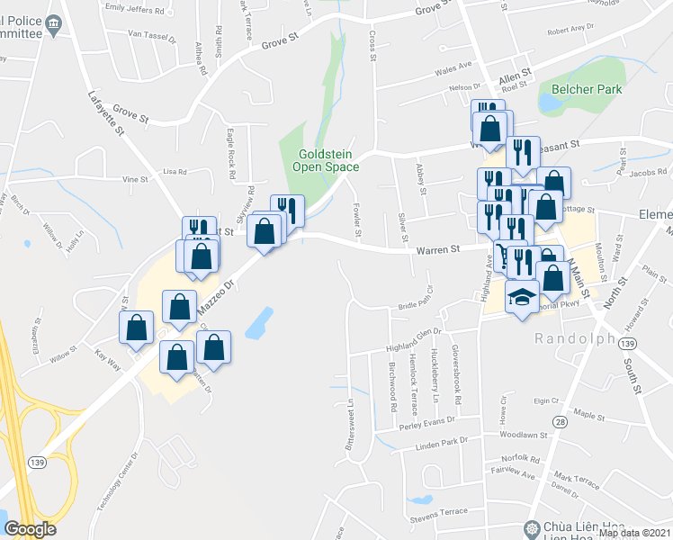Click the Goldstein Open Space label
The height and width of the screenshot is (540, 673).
click(329, 160)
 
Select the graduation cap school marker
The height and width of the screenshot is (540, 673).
click(521, 298)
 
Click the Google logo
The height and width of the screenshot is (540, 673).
click(29, 529)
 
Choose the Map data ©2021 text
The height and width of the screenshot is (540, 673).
click(634, 533)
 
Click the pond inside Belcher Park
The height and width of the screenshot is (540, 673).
click(548, 102)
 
